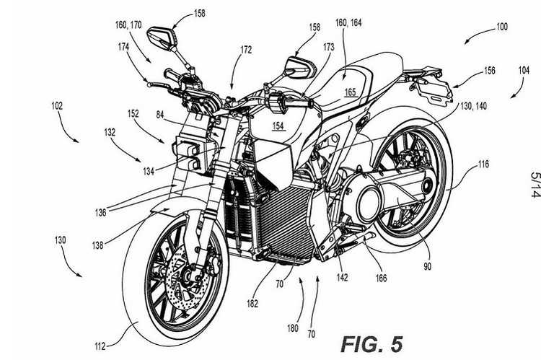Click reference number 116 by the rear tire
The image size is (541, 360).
pyautogui.click(x=483, y=164)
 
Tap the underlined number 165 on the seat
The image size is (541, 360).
pyautogui.click(x=351, y=92)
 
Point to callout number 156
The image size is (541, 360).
pyautogui.click(x=489, y=71)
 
